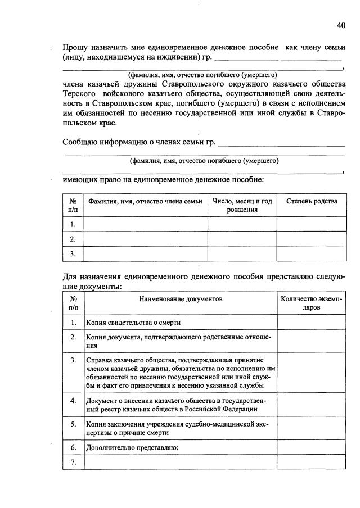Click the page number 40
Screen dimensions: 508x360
click(x=341, y=25)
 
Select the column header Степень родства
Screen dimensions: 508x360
click(x=312, y=202)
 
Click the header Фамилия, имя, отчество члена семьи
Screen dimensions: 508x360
click(x=145, y=202)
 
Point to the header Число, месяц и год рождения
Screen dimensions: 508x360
click(x=242, y=206)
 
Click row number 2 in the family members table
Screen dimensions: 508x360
click(x=73, y=239)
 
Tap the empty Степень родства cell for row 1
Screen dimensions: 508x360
click(x=312, y=224)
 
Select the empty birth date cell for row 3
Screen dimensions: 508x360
click(x=242, y=254)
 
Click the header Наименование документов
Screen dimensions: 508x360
click(x=181, y=299)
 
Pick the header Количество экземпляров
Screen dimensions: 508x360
click(x=312, y=303)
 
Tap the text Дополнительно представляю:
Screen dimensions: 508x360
click(x=132, y=448)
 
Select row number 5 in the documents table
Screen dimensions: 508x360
click(x=73, y=424)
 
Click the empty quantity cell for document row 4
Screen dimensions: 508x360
click(x=312, y=405)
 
